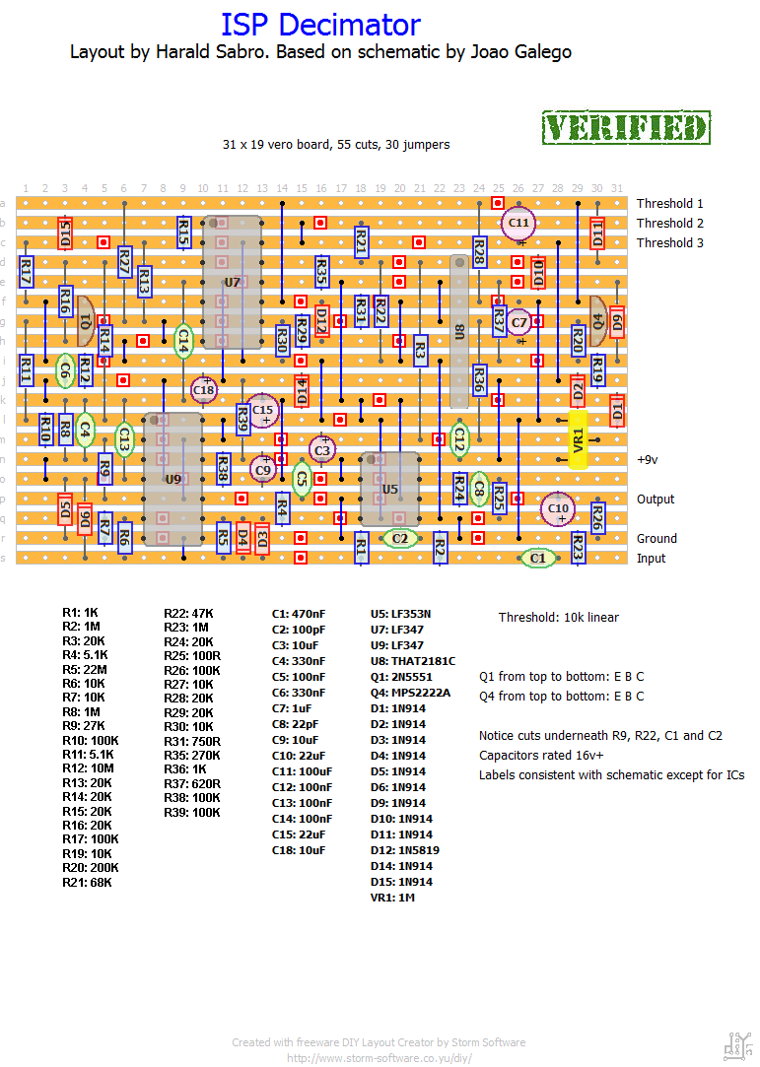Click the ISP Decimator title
pyautogui.click(x=320, y=25)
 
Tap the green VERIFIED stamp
pyautogui.click(x=626, y=128)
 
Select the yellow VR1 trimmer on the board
pyautogui.click(x=579, y=439)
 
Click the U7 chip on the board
pyautogui.click(x=233, y=283)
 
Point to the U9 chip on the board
pyautogui.click(x=173, y=480)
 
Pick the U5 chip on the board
pyautogui.click(x=390, y=489)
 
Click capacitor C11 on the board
pyautogui.click(x=518, y=224)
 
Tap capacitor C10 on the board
pyautogui.click(x=558, y=508)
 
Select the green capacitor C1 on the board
pyautogui.click(x=537, y=558)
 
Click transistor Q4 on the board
pyautogui.click(x=597, y=317)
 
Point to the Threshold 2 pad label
pyautogui.click(x=670, y=224)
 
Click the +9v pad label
pyautogui.click(x=647, y=460)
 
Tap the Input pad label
pyautogui.click(x=652, y=559)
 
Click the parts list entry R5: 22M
pyautogui.click(x=84, y=670)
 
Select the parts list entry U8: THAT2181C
pyautogui.click(x=413, y=661)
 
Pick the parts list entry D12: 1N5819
pyautogui.click(x=403, y=850)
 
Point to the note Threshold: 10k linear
pyautogui.click(x=559, y=618)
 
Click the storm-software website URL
pyautogui.click(x=380, y=1058)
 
